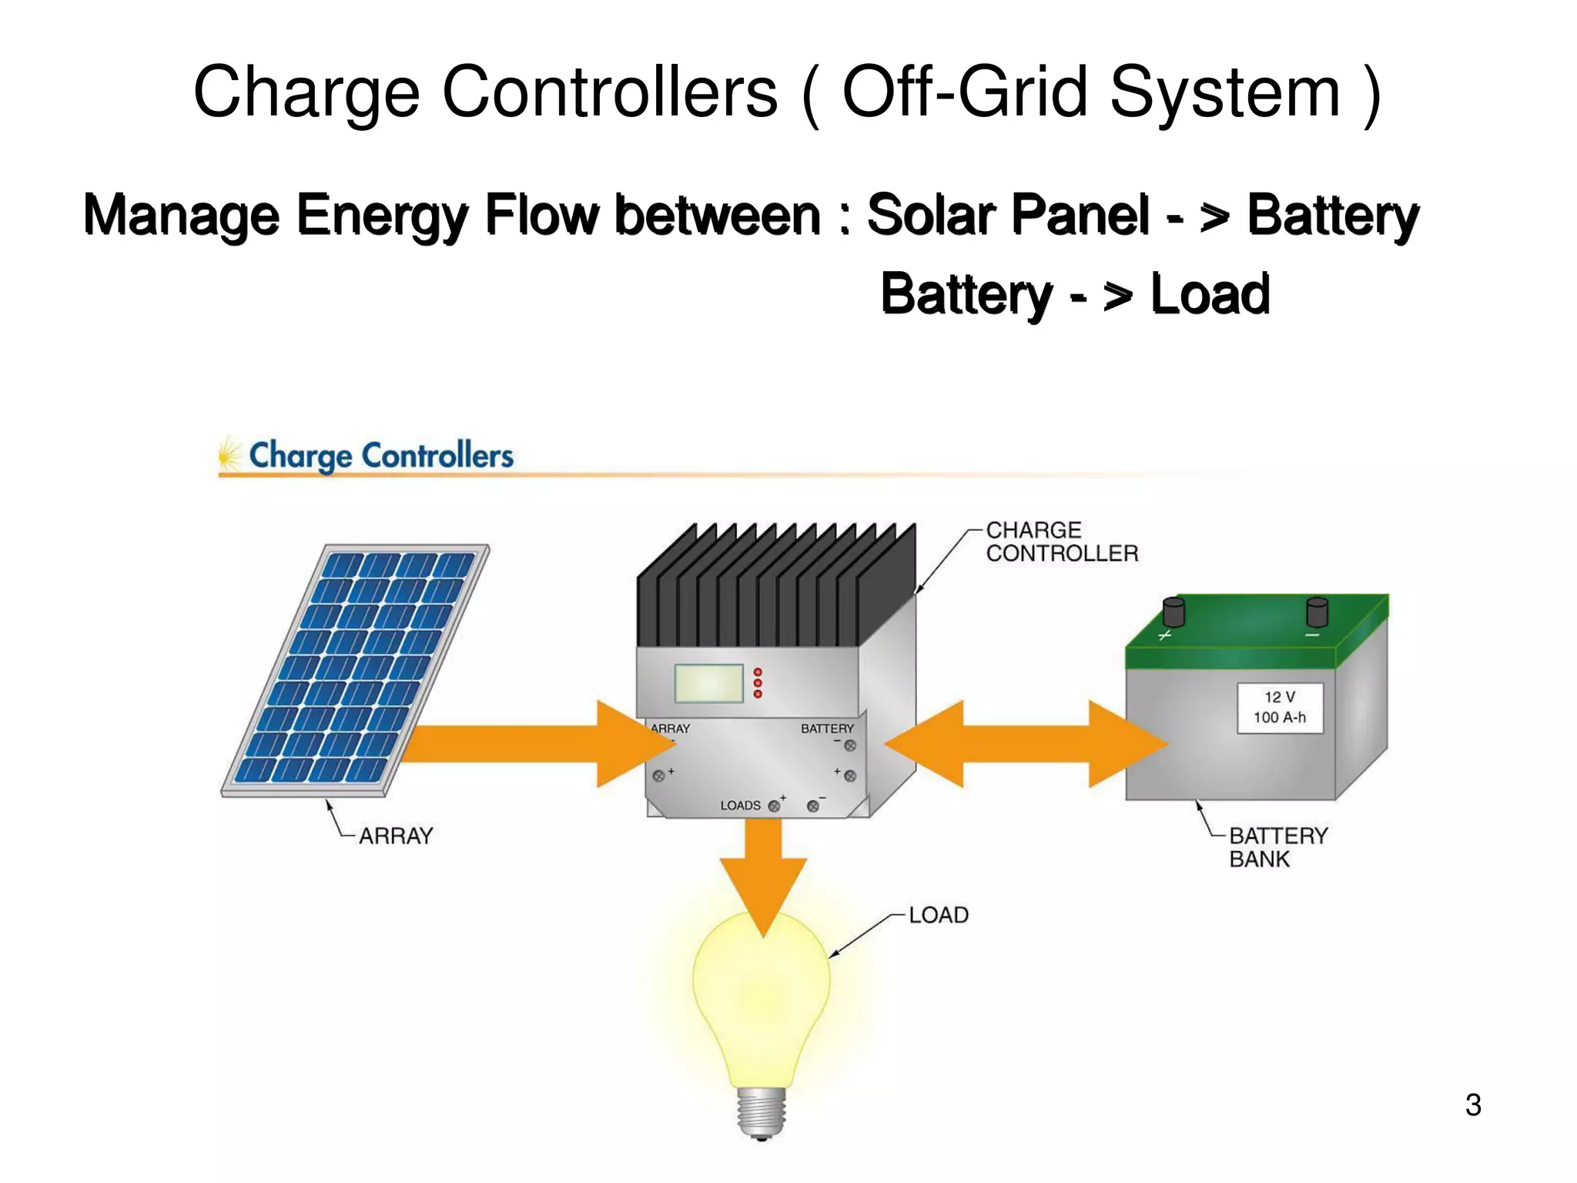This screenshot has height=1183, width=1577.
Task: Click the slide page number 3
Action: (1472, 1104)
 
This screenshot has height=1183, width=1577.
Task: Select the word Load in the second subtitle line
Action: (1210, 294)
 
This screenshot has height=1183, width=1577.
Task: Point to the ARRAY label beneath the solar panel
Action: (396, 836)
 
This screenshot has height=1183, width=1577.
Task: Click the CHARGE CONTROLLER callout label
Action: (1061, 541)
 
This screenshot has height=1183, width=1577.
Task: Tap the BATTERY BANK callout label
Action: (1277, 846)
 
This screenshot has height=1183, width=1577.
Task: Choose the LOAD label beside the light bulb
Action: (938, 915)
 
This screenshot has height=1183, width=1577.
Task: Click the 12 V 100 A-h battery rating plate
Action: (1280, 707)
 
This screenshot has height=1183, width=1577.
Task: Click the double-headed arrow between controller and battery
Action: (1026, 744)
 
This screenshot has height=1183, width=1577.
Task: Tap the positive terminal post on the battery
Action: (1173, 612)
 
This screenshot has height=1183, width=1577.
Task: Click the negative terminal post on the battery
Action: (1317, 612)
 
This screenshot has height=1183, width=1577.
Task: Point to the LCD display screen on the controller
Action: (708, 683)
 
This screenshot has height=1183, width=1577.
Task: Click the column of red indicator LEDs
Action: (758, 683)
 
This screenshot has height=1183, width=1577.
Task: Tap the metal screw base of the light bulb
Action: (762, 1113)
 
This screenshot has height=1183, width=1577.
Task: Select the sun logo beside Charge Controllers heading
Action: (229, 455)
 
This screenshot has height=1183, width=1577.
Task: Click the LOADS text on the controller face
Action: (740, 806)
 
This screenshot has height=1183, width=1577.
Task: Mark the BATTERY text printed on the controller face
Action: (827, 729)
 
